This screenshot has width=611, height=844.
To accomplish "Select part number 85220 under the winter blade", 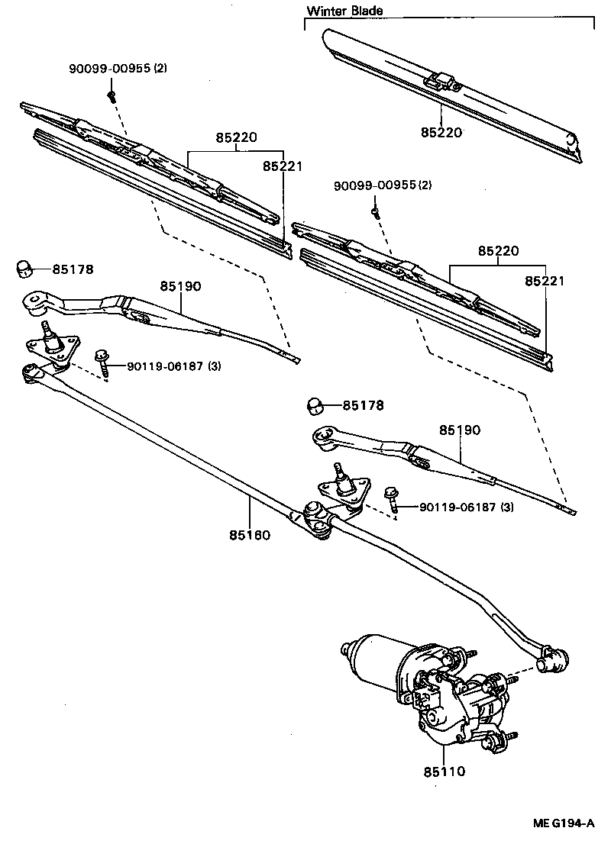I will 441,132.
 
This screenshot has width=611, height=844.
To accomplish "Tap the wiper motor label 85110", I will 444,772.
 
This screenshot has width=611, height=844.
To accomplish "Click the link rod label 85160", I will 249,535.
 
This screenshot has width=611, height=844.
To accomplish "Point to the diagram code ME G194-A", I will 563,823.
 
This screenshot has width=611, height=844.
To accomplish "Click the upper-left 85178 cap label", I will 72,269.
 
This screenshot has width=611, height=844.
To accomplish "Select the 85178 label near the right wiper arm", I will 363,405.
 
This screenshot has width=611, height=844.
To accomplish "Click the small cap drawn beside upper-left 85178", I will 25,268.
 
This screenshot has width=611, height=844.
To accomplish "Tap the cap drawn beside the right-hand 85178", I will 316,405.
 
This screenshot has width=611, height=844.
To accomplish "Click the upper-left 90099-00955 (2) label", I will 118,69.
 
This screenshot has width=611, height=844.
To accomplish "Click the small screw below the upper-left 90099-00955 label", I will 112,95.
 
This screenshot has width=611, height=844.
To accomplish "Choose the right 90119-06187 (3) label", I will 464,507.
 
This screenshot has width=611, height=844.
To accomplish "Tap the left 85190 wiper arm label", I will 180,286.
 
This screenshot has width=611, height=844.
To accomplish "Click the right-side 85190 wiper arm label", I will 460,430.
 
